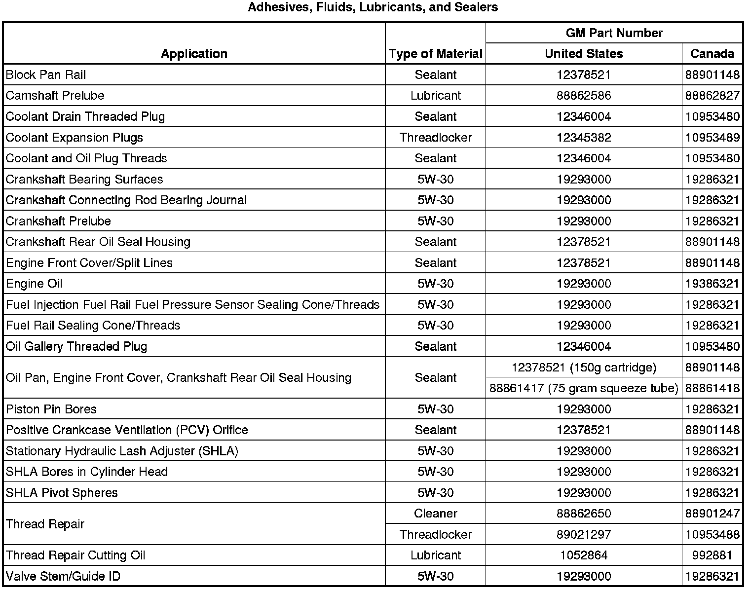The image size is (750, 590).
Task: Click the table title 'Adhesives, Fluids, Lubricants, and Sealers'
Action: [373, 7]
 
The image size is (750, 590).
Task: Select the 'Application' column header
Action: [194, 54]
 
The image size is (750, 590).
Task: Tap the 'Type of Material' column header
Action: [435, 54]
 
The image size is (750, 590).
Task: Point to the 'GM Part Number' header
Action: [614, 33]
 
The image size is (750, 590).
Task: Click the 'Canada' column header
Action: [712, 54]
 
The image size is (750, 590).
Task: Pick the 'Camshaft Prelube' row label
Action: [55, 95]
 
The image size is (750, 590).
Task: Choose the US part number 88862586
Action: [584, 95]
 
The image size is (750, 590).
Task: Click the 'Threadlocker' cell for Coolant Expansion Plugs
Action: [435, 137]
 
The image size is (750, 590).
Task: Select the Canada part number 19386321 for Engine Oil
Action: [712, 284]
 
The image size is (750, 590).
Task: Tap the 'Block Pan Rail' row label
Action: [46, 74]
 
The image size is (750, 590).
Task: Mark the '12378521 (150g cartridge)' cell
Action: [584, 368]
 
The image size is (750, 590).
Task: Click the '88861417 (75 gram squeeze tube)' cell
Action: [584, 388]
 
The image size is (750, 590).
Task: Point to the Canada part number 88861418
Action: [712, 388]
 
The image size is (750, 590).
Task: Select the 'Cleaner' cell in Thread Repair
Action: [435, 514]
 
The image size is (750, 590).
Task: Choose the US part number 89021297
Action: [584, 534]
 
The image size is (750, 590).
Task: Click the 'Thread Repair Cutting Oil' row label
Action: [75, 555]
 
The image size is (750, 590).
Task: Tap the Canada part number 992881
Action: [712, 555]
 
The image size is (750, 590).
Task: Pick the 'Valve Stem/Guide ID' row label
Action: [63, 576]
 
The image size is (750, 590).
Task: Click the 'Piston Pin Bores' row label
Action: [51, 409]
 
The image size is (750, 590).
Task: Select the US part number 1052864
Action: [584, 555]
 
